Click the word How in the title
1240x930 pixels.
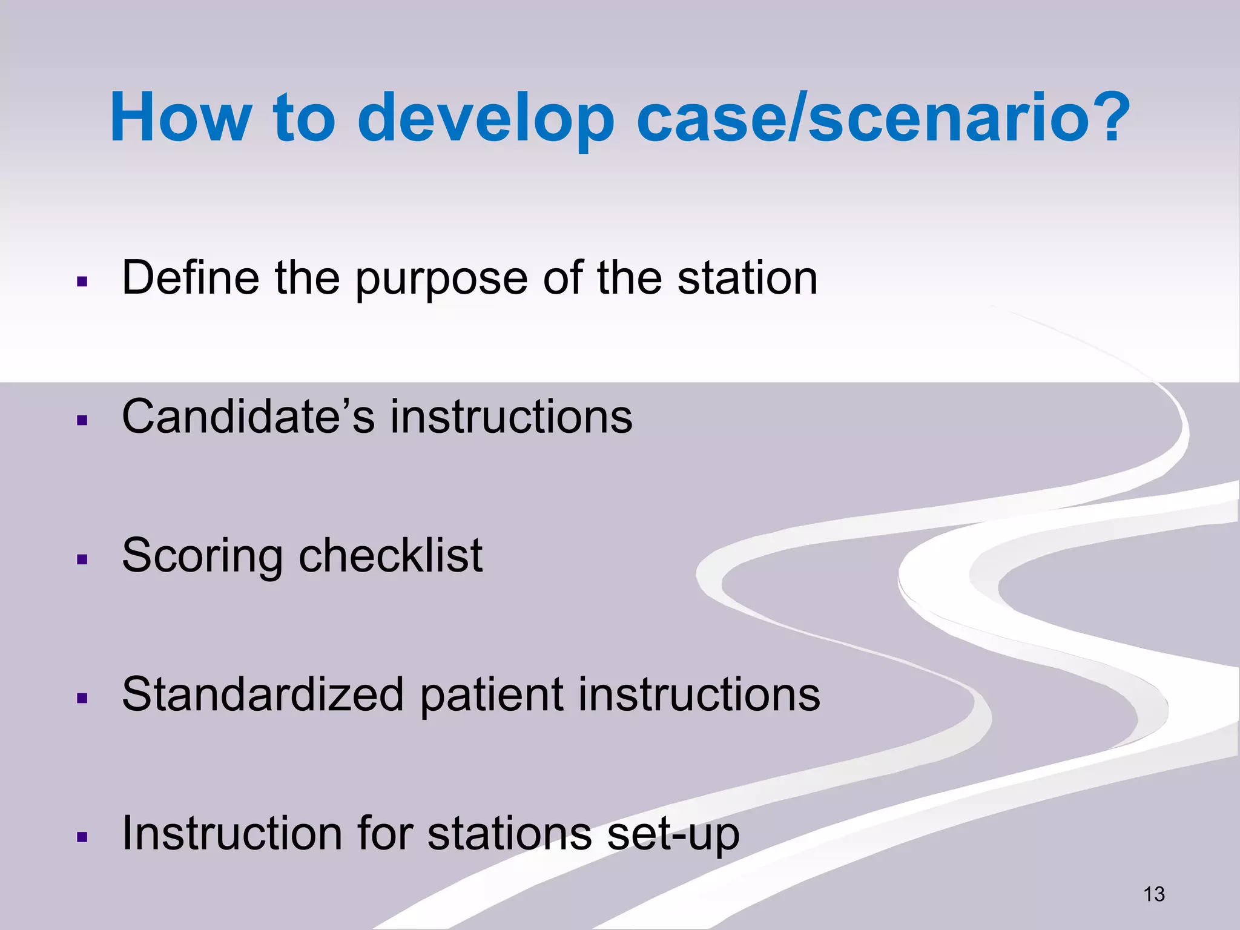pyautogui.click(x=180, y=117)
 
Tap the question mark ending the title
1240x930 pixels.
pyautogui.click(x=1106, y=117)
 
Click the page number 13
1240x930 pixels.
pyautogui.click(x=1154, y=894)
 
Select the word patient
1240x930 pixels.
pyautogui.click(x=491, y=695)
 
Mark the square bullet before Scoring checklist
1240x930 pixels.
pyautogui.click(x=83, y=559)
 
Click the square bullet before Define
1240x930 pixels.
pyautogui.click(x=83, y=282)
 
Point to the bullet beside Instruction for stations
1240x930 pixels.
pyautogui.click(x=83, y=838)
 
